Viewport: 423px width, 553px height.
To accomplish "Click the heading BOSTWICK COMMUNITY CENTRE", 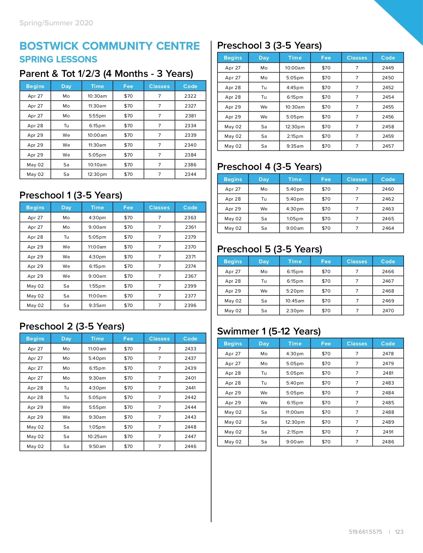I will pos(110,46).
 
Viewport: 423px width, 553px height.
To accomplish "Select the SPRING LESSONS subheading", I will pos(58,60).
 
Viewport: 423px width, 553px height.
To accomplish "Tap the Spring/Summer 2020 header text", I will pos(56,23).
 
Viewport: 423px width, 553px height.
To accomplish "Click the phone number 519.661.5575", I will pos(365,532).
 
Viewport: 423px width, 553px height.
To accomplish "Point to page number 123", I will pos(399,532).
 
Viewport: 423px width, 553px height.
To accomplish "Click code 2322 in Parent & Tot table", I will pos(190,96).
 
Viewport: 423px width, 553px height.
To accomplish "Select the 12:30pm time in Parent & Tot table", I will pos(97,174).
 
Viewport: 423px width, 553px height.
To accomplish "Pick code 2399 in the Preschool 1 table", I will pos(190,286).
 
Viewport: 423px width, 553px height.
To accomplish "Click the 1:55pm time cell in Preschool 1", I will pos(97,286).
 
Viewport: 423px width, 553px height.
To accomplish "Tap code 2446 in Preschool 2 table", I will pos(190,447).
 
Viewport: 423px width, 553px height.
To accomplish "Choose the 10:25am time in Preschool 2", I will pos(97,437).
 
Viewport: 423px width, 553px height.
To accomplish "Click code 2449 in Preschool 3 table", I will pos(388,68).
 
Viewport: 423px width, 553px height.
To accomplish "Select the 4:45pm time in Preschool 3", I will pos(295,88).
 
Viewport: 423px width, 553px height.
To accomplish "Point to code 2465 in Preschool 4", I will pos(388,219).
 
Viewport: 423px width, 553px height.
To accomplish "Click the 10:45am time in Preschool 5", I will pos(295,301).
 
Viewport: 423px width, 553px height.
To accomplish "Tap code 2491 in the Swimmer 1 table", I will pos(388,432).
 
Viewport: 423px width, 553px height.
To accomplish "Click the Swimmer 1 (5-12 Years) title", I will pos(269,331).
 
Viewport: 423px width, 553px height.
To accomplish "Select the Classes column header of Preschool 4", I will pos(357,179).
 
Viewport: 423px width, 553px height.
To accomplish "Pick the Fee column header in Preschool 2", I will pos(128,339).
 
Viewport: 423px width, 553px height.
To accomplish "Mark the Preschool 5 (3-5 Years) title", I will pos(270,249).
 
